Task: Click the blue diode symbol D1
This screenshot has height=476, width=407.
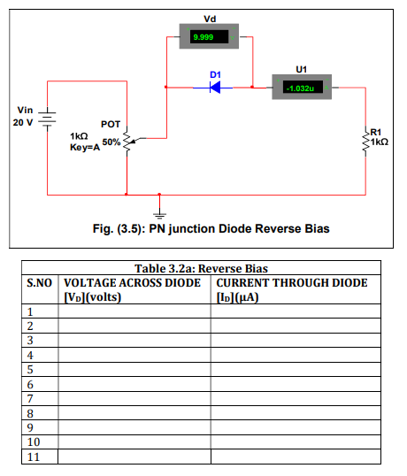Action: tap(215, 88)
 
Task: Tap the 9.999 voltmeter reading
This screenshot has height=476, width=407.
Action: tap(203, 37)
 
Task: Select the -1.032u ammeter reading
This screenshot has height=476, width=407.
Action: tap(300, 88)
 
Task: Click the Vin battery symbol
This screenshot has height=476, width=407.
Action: tap(47, 119)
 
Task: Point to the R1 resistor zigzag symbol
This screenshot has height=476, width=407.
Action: tap(365, 141)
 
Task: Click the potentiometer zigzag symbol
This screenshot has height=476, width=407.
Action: tap(127, 141)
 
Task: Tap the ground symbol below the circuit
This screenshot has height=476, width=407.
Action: tap(159, 216)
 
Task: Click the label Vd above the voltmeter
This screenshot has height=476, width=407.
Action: tap(210, 19)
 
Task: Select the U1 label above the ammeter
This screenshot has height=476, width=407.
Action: tap(301, 70)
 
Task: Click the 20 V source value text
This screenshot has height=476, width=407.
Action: tap(23, 122)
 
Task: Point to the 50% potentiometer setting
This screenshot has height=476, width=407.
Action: tap(111, 142)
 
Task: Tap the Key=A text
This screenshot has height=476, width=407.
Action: tap(85, 147)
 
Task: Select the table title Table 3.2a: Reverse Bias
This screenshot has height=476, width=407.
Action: tap(201, 268)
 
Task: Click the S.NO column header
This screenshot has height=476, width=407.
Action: tap(40, 283)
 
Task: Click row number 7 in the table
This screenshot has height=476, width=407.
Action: tap(30, 399)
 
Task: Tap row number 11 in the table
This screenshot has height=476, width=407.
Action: tap(34, 457)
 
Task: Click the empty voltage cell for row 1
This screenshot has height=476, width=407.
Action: tap(134, 311)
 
